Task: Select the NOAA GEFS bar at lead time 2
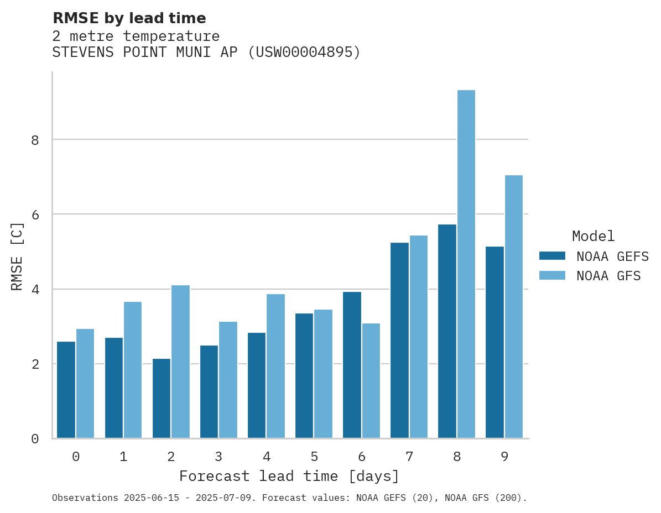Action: coord(162,399)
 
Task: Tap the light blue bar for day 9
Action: coord(513,307)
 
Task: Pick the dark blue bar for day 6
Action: coord(352,365)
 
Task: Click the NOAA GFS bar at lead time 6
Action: coord(371,381)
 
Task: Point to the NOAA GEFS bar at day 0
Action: coord(66,390)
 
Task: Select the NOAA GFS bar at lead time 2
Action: coord(180,362)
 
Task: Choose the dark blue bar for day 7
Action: coord(399,341)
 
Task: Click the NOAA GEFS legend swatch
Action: coord(552,256)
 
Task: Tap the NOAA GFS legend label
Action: coord(608,276)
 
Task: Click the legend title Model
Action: coord(593,237)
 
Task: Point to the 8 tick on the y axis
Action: coord(35,140)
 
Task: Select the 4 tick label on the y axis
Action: coord(35,290)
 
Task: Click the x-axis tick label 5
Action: coord(314,457)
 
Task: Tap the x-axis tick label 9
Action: coord(504,457)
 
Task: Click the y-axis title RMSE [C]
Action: coord(18,256)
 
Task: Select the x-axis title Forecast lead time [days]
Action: coord(289,477)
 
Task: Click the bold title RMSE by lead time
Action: coord(129,19)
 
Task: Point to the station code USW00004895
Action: coord(303,53)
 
